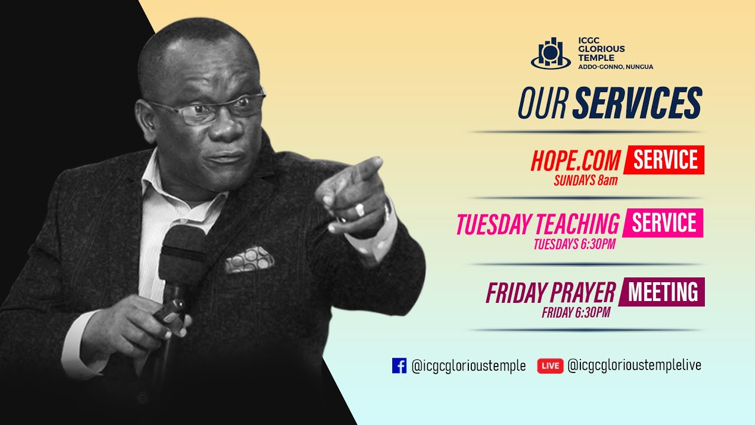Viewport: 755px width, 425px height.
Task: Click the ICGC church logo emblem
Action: coord(551,53)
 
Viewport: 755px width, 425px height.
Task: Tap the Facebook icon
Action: coord(399,366)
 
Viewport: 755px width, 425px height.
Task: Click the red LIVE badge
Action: coord(550,366)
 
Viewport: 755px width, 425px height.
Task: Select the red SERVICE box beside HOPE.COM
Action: coord(665,160)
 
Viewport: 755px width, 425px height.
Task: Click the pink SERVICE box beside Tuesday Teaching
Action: coord(663,223)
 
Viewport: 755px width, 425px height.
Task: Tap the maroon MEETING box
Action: coord(662,292)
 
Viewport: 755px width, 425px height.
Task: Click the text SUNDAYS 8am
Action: coord(585,181)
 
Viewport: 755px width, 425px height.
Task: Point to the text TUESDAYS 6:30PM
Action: coord(574,244)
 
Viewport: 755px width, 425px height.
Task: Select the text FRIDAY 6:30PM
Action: coord(575,313)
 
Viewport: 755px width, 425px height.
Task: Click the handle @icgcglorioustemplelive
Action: coord(634,366)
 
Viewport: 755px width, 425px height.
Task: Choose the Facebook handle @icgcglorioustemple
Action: coord(468,366)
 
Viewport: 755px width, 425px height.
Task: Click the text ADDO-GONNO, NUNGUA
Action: coord(616,67)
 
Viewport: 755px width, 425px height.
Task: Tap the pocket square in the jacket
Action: coord(248,260)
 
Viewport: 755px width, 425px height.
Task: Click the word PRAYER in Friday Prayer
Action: coord(582,293)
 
